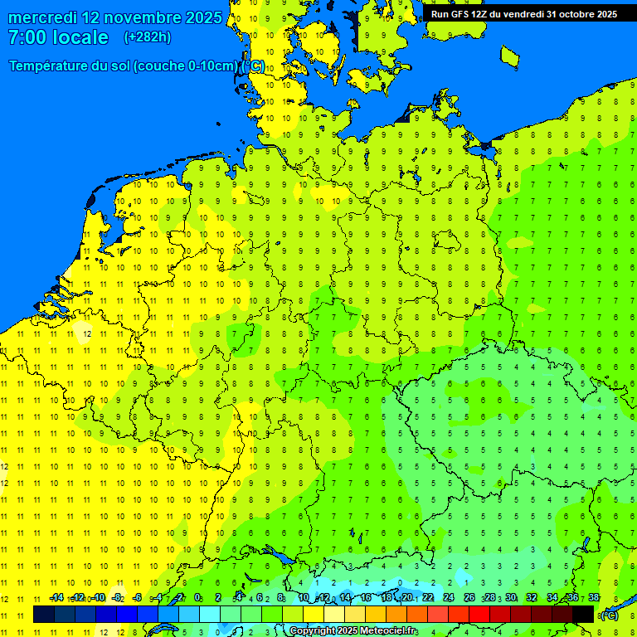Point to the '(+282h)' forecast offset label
tap(147, 37)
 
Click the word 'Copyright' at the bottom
tap(312, 631)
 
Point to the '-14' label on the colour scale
tap(56, 598)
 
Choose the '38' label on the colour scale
tap(593, 598)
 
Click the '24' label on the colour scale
tap(449, 598)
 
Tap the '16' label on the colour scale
tap(366, 598)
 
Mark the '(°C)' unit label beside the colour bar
tap(609, 615)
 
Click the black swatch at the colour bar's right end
tap(583, 615)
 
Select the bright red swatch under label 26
tap(479, 615)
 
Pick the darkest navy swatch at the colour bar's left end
tap(44, 615)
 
